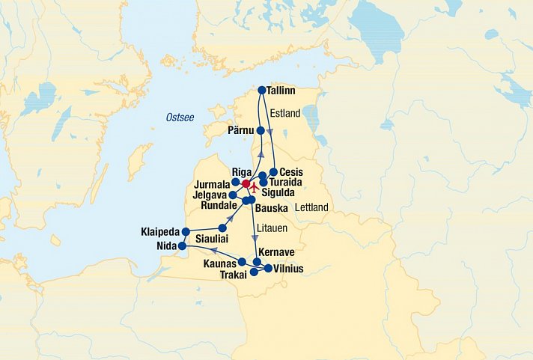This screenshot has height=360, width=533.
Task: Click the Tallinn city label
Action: (281, 91)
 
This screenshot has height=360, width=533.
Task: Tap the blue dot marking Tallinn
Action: (261, 91)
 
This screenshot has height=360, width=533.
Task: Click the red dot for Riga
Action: (246, 183)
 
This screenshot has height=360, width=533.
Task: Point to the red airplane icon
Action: (254, 185)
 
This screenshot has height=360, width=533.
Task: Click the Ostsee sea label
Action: (180, 117)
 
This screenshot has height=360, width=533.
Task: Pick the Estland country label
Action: (284, 114)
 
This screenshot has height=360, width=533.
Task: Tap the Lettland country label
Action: (313, 207)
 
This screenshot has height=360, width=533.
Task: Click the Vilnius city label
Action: (287, 268)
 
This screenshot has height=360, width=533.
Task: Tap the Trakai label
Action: (233, 275)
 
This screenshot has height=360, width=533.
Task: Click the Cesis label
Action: (290, 172)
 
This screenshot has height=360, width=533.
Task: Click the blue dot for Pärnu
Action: (261, 130)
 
